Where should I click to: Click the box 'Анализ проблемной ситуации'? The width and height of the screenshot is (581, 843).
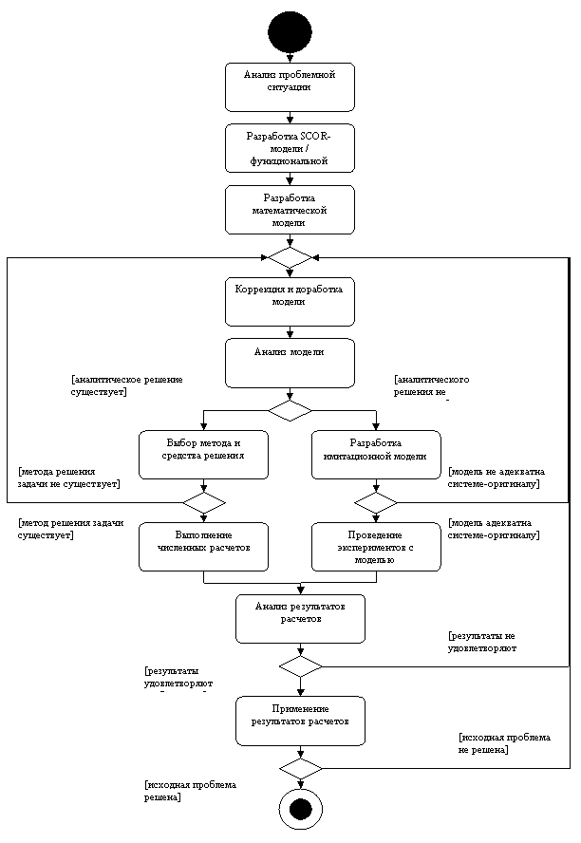click(290, 87)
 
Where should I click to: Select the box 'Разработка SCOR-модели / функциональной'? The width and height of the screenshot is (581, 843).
click(290, 148)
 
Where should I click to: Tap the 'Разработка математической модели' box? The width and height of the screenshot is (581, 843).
click(290, 210)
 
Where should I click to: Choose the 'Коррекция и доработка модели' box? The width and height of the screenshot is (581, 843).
click(290, 302)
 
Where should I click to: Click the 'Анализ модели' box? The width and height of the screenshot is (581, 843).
click(290, 363)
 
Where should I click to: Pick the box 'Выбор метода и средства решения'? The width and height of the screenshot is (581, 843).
click(203, 455)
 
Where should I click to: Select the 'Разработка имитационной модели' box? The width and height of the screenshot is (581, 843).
click(376, 455)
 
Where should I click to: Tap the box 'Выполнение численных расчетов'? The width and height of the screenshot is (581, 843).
click(203, 547)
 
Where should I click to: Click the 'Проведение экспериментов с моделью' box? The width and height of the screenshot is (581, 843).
click(376, 547)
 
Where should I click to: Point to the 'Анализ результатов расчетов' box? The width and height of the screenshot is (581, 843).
click(300, 619)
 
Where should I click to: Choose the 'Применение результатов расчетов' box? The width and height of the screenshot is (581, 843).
click(300, 721)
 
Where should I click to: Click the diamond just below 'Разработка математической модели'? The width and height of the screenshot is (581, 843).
click(290, 257)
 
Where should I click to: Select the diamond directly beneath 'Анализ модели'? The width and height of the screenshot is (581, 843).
click(290, 410)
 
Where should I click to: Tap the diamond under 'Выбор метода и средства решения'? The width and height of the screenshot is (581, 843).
click(203, 502)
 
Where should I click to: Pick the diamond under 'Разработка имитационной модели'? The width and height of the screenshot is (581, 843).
click(376, 502)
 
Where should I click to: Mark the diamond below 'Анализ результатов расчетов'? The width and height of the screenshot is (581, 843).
click(300, 666)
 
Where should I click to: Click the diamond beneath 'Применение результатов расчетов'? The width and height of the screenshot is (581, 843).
click(300, 768)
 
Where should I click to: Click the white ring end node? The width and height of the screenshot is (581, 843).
click(300, 810)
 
